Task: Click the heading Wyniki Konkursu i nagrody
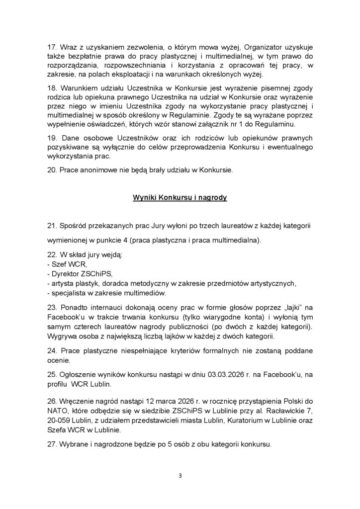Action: [x=180, y=197]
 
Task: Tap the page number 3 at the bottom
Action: [x=180, y=475]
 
